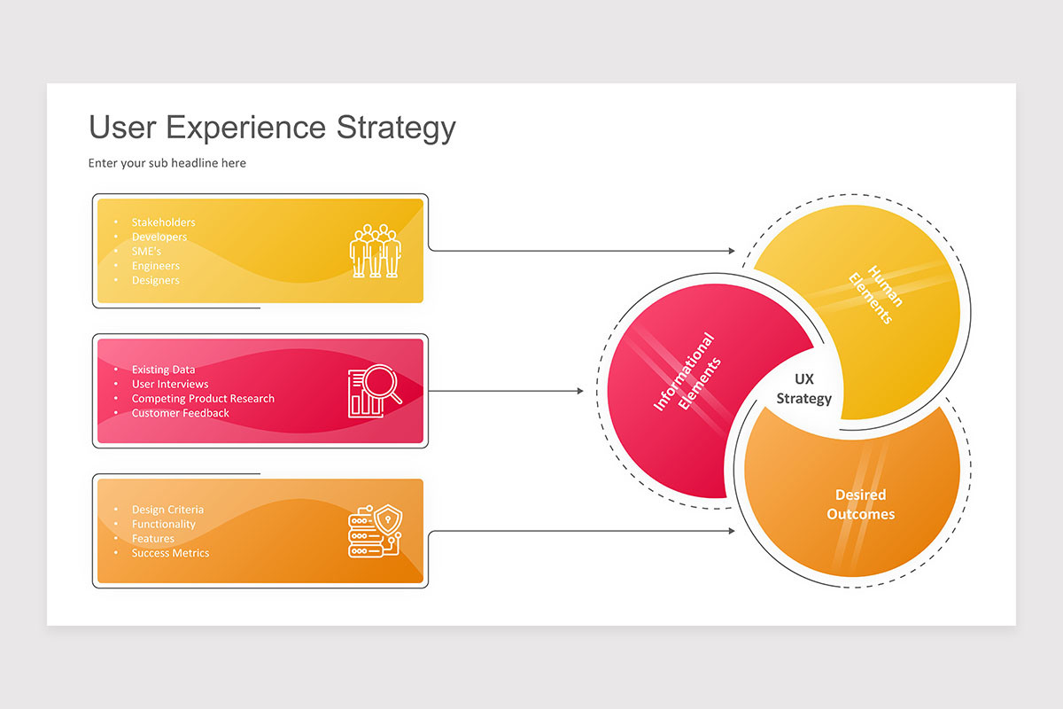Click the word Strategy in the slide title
click(395, 128)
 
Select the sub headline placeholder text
click(167, 163)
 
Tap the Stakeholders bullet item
click(163, 222)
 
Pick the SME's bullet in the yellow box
click(146, 251)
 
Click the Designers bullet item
click(155, 280)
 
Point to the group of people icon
click(376, 250)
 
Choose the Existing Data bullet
click(163, 370)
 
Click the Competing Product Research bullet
click(203, 399)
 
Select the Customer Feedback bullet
click(180, 413)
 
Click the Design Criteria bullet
click(167, 510)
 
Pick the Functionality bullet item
click(164, 524)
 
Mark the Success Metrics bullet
click(170, 553)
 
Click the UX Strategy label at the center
click(803, 389)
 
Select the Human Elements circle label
click(876, 293)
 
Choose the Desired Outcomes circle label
click(860, 504)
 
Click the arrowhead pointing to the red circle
click(580, 391)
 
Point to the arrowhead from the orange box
click(732, 531)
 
